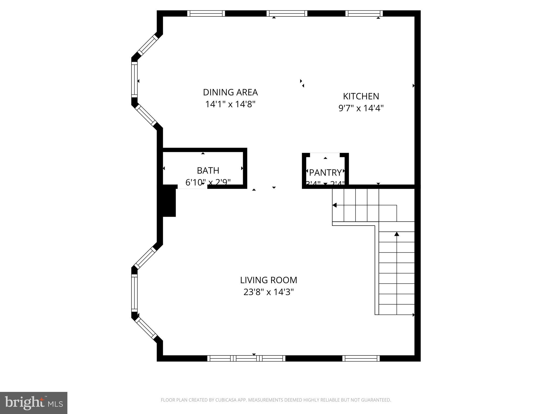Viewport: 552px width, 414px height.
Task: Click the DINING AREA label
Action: coord(230,92)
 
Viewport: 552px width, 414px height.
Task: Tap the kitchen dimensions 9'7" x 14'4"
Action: coord(361,108)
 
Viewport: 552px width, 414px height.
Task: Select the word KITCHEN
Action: coord(361,96)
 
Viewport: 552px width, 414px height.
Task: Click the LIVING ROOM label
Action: coord(268,280)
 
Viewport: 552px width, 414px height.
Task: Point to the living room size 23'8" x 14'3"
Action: coord(268,292)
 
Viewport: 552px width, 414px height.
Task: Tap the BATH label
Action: coord(208,171)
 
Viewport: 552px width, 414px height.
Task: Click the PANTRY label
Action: coord(325,172)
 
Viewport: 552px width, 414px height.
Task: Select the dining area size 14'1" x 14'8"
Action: coord(230,104)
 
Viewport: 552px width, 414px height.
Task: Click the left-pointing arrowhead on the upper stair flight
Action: coord(334,205)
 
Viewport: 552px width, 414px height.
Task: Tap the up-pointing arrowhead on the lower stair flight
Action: coord(396,234)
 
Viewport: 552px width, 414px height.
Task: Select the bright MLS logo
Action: coord(33,403)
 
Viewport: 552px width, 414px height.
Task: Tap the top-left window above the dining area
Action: coord(206,13)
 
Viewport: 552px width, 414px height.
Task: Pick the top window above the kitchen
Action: coord(364,13)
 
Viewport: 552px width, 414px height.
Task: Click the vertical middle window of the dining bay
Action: coord(134,79)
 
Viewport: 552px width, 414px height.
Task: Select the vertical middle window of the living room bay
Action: coord(134,293)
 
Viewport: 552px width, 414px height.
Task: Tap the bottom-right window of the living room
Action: coord(361,358)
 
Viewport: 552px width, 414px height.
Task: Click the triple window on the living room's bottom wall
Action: coord(246,358)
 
